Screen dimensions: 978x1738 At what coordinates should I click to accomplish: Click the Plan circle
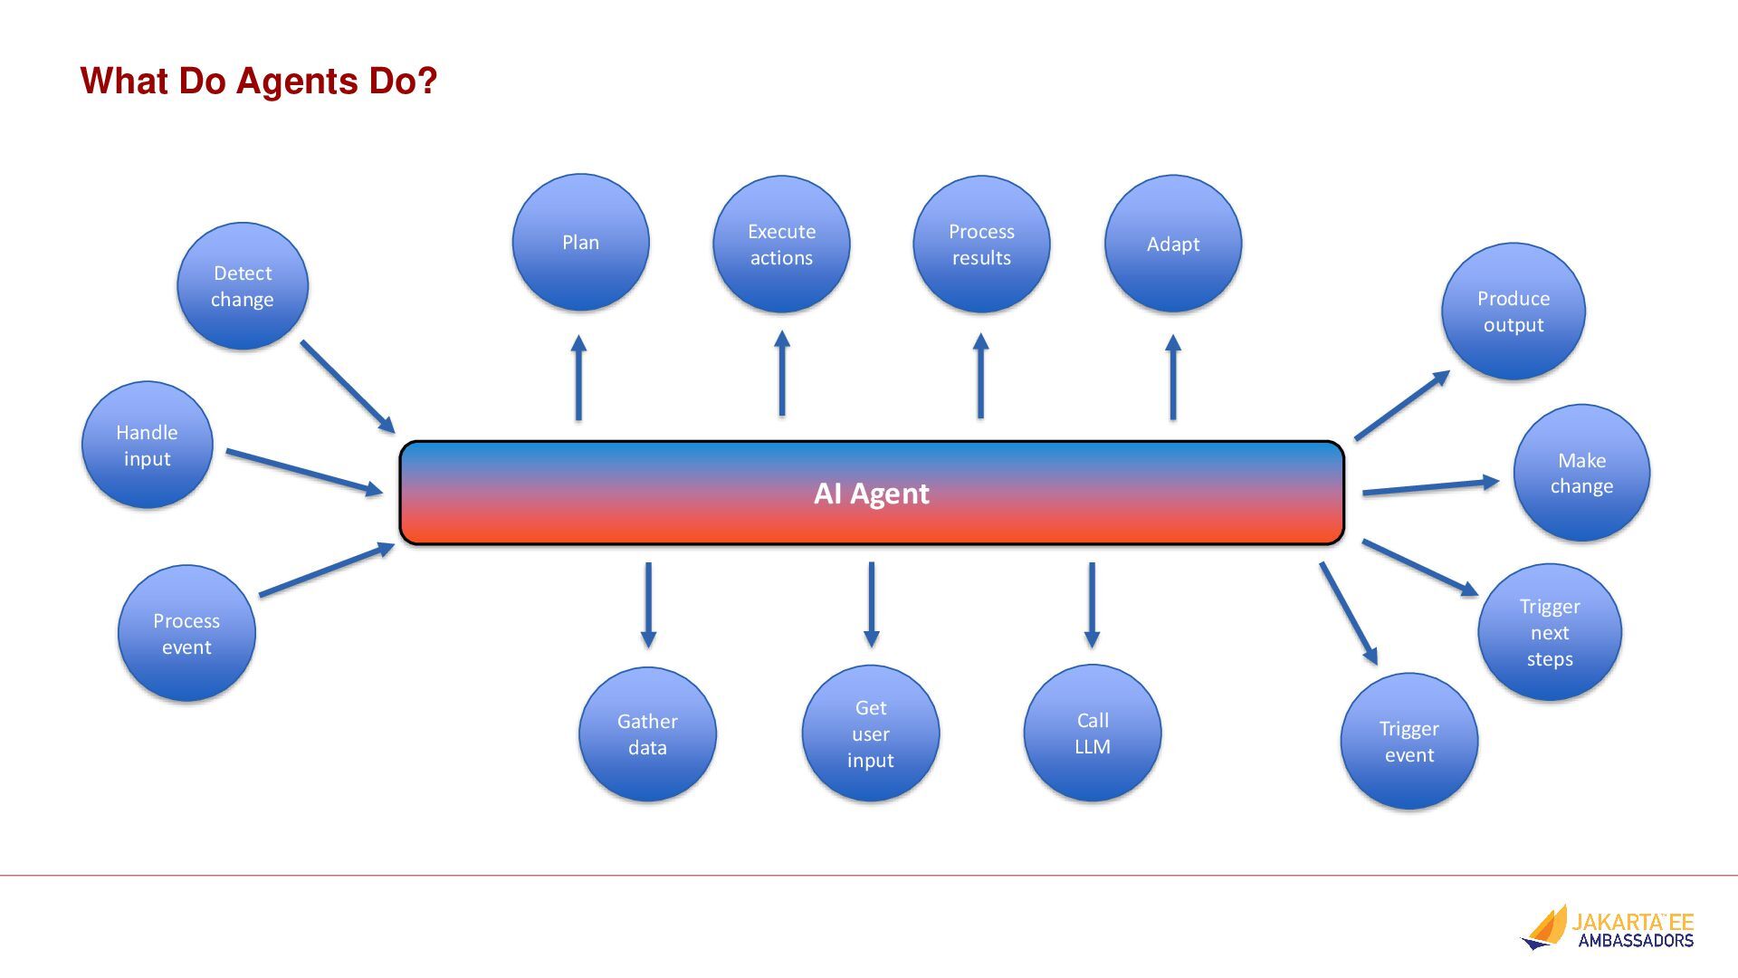click(580, 243)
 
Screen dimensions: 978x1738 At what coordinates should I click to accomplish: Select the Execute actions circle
click(781, 244)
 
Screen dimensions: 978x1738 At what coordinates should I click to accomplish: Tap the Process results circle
click(981, 244)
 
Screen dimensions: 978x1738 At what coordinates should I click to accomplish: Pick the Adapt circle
click(1173, 244)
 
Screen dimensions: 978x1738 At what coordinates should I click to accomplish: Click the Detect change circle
click(243, 286)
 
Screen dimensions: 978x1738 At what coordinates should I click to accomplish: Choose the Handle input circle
click(148, 445)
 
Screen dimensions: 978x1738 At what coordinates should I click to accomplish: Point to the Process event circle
click(186, 633)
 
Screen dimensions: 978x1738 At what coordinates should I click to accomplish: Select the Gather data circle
click(647, 734)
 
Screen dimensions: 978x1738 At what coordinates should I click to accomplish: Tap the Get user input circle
click(871, 733)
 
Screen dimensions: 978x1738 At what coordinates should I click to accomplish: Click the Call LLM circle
click(1093, 733)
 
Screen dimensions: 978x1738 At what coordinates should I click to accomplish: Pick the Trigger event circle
click(1409, 741)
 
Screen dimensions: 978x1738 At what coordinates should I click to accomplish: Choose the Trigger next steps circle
click(1550, 632)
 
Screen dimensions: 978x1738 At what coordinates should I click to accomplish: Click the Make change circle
click(1581, 473)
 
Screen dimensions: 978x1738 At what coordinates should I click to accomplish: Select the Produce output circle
click(1514, 312)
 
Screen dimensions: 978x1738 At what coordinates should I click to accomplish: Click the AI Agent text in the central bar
click(871, 494)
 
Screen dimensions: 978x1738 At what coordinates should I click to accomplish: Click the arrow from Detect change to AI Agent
click(348, 387)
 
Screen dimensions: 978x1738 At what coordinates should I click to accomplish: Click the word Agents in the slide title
click(297, 81)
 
